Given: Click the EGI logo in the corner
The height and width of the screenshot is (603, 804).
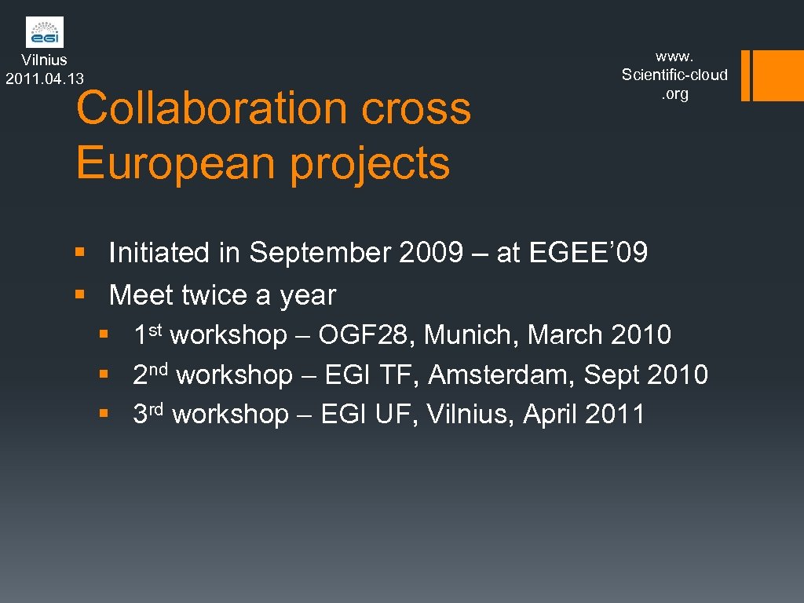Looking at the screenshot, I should [45, 32].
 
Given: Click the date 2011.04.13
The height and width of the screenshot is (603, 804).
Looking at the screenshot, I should [45, 78].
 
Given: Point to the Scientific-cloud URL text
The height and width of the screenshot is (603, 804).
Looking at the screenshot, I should [674, 75].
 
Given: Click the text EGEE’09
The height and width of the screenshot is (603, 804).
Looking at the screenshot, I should [589, 253].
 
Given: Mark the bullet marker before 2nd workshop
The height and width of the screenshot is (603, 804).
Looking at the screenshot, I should [104, 375].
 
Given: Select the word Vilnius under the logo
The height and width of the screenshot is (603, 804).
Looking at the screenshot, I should [45, 60].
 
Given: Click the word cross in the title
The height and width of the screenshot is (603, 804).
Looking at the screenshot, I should [416, 108].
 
